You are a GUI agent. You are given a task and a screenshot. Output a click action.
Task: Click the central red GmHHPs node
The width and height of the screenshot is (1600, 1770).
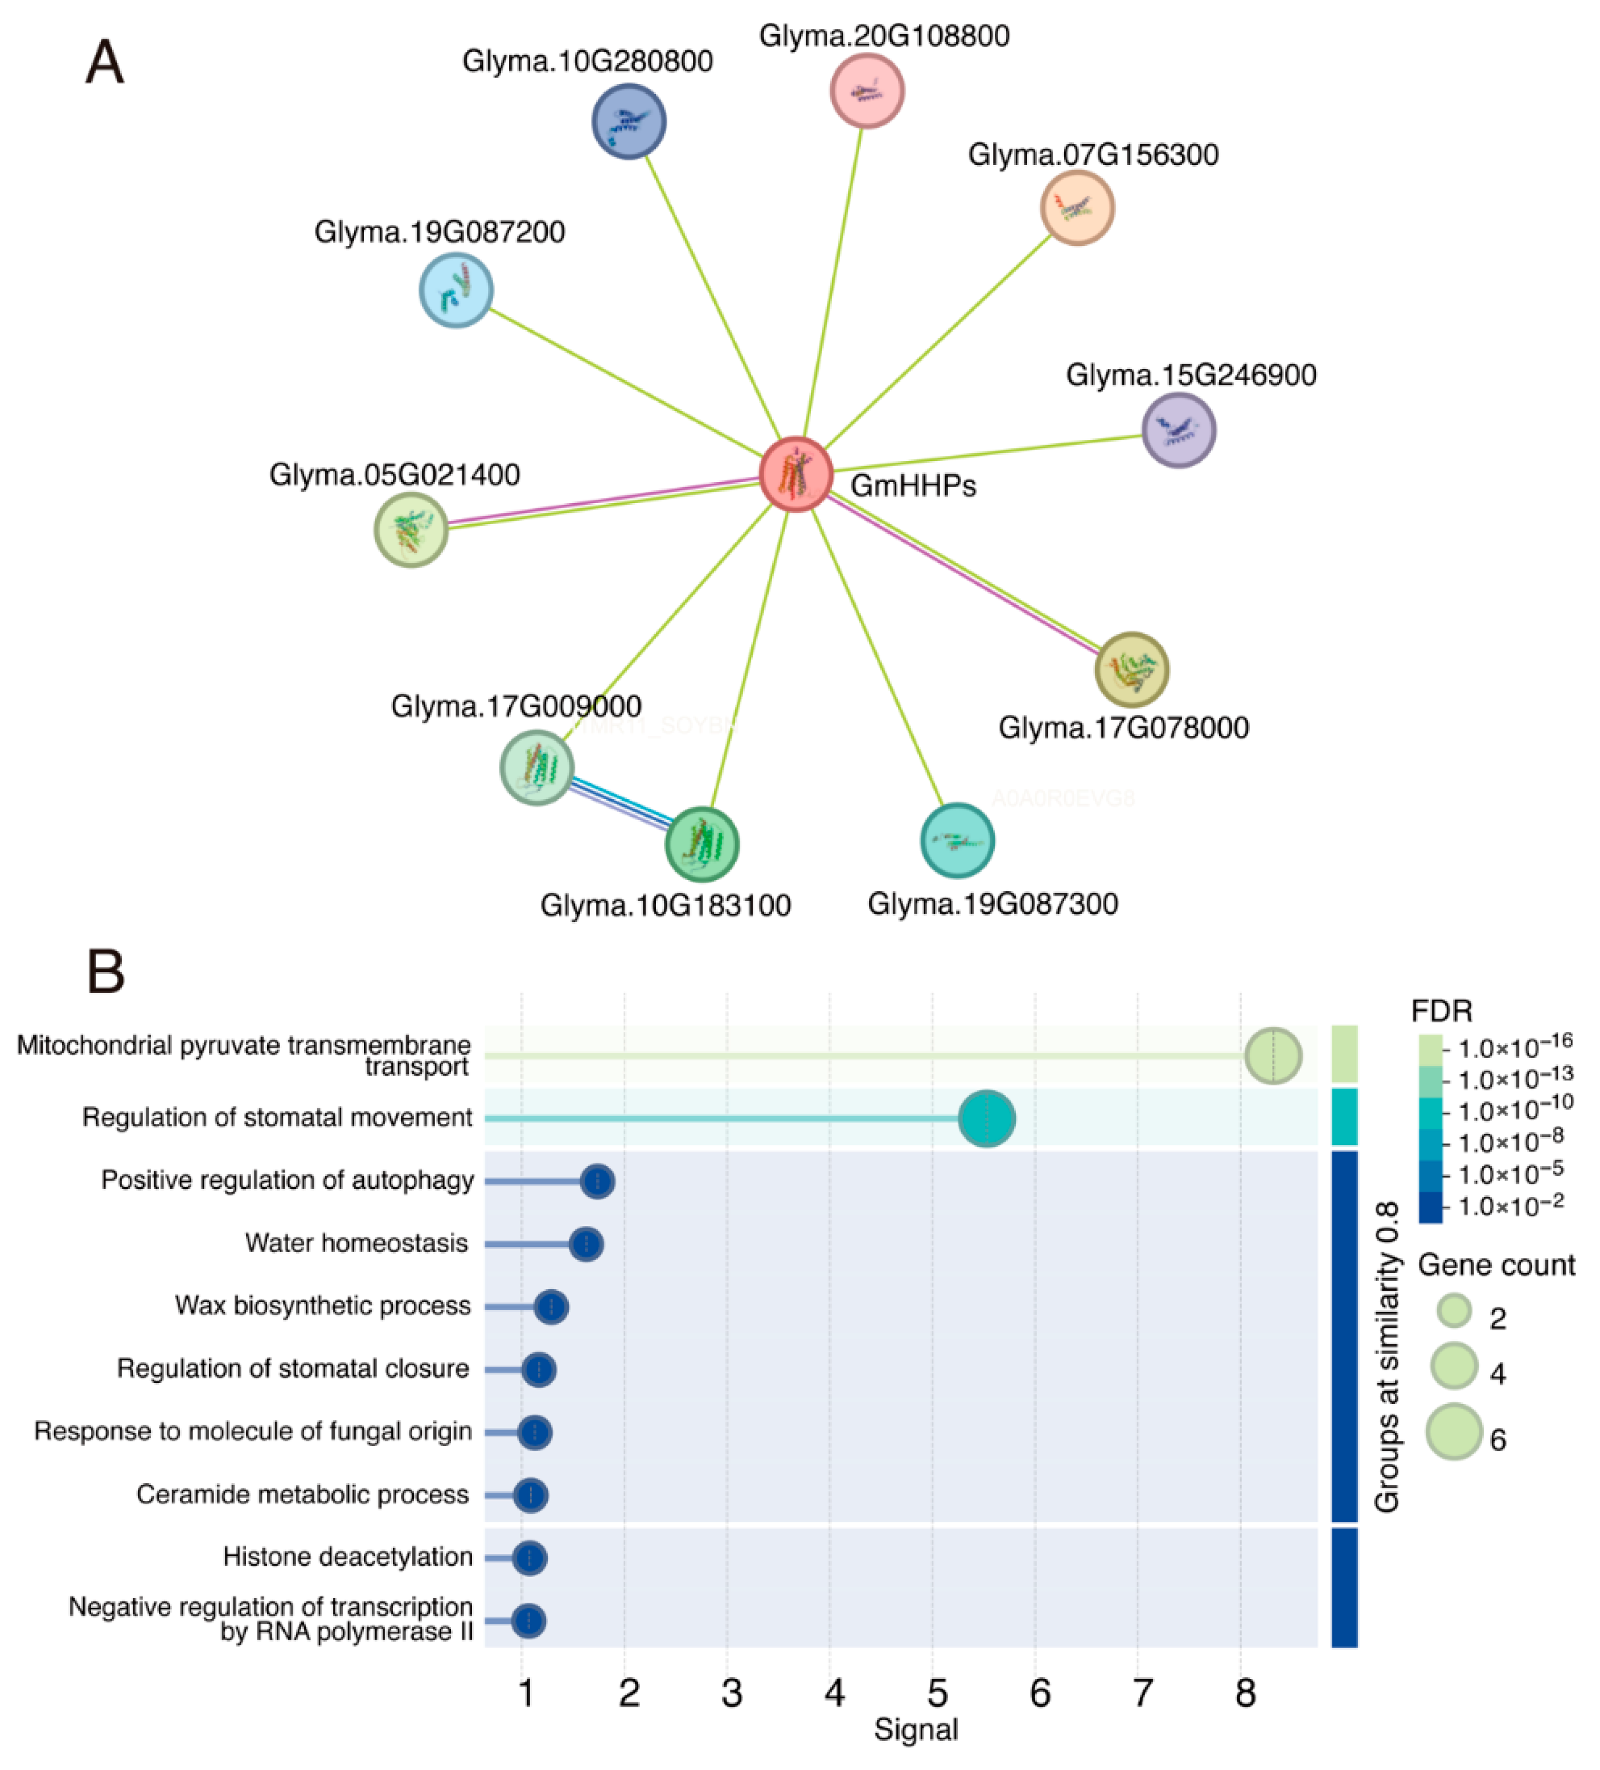click(x=795, y=474)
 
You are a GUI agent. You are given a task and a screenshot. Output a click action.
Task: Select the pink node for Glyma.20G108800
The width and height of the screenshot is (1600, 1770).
click(x=867, y=90)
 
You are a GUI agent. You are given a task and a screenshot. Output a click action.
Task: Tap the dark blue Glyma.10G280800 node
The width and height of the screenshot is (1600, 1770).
click(x=629, y=121)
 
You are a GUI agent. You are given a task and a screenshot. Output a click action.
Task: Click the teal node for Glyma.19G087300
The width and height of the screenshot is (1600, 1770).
click(x=957, y=840)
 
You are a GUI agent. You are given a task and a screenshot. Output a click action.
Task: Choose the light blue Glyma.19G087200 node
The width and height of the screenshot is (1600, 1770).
click(x=456, y=290)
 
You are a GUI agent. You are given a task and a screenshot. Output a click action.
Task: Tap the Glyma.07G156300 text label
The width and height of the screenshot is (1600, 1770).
click(x=1093, y=155)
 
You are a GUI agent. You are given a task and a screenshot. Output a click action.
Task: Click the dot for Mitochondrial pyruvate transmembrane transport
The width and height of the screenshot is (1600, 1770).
click(x=1273, y=1055)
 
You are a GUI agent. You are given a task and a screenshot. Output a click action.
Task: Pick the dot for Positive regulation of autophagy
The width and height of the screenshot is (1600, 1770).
click(x=597, y=1181)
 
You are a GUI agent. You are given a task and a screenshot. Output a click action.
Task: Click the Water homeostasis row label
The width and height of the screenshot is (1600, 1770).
click(x=356, y=1243)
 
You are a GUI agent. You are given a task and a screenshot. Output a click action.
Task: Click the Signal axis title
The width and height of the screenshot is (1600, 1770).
click(x=915, y=1730)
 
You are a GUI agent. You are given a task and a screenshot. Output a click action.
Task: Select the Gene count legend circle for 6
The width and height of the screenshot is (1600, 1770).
click(x=1453, y=1432)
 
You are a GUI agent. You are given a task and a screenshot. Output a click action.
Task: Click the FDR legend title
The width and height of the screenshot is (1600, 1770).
click(x=1441, y=1011)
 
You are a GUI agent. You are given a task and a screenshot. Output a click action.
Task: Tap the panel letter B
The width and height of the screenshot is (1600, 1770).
click(x=105, y=972)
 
